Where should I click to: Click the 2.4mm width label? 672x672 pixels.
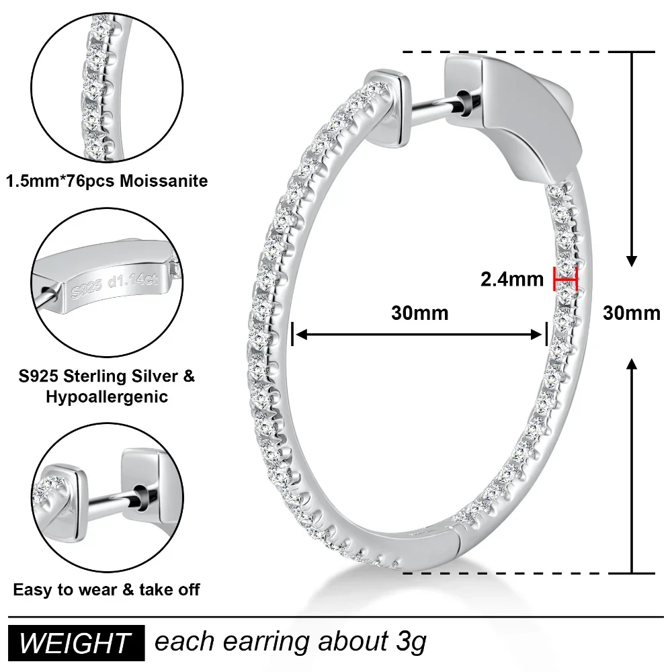pyautogui.click(x=512, y=278)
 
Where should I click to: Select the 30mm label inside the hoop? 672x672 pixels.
pyautogui.click(x=419, y=313)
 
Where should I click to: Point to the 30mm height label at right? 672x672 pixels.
pyautogui.click(x=631, y=313)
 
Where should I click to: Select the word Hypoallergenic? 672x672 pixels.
pyautogui.click(x=106, y=396)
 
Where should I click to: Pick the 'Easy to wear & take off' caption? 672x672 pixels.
pyautogui.click(x=106, y=590)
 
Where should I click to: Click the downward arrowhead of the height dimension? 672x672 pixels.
pyautogui.click(x=632, y=259)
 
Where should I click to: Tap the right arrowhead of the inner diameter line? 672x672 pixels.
pyautogui.click(x=539, y=335)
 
